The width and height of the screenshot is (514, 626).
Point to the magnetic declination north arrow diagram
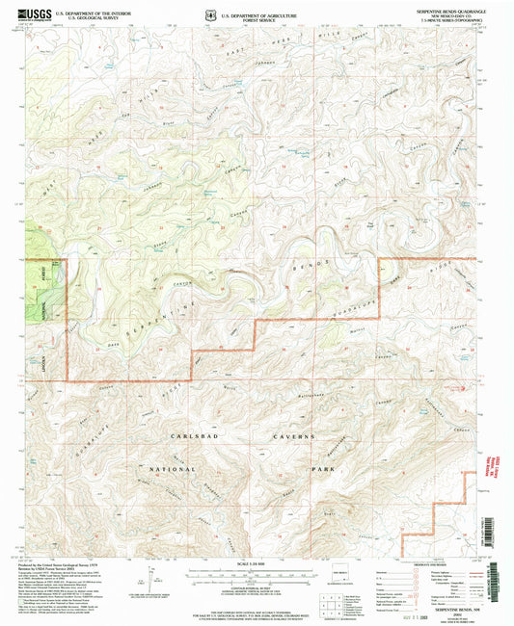pyautogui.click(x=146, y=584)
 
